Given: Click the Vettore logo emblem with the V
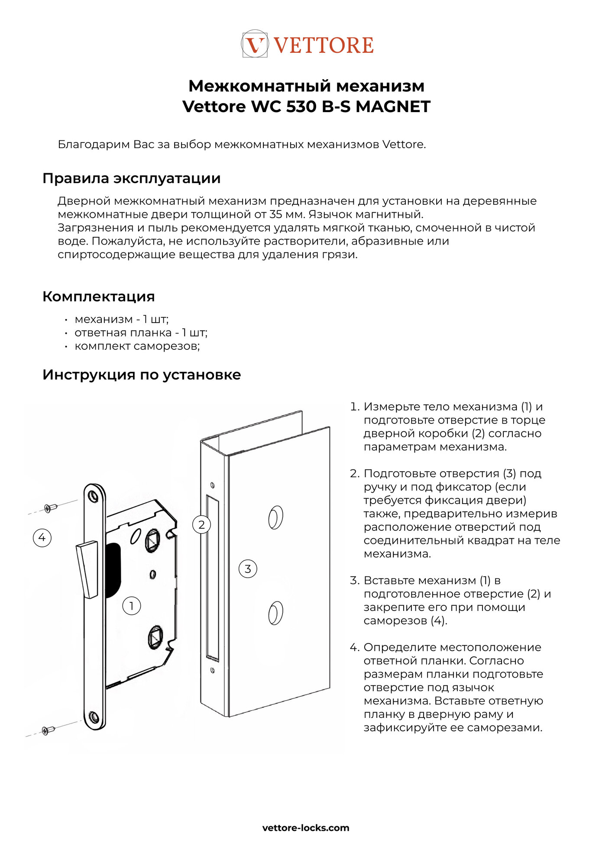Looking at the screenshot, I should click(x=255, y=44).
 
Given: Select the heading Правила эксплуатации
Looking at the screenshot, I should click(x=131, y=178).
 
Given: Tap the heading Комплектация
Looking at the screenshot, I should click(x=98, y=297).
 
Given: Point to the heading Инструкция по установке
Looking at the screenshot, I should click(x=141, y=375).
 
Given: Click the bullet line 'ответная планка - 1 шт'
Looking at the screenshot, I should click(x=141, y=333).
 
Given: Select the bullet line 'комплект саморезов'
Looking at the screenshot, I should click(x=137, y=346).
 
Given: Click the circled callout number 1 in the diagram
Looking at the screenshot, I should click(x=132, y=605).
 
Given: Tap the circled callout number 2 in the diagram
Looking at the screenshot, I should click(x=201, y=525).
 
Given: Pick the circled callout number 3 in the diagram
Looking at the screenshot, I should click(x=248, y=569).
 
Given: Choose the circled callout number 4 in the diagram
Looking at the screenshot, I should click(x=42, y=538).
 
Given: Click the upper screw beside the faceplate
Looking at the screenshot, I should click(x=50, y=507).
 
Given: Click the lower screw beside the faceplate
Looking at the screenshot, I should click(x=48, y=730).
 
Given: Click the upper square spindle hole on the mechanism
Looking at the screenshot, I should click(x=153, y=541).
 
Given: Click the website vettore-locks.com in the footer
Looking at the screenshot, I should click(x=306, y=828).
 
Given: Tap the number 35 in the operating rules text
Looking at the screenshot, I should click(x=276, y=214).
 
